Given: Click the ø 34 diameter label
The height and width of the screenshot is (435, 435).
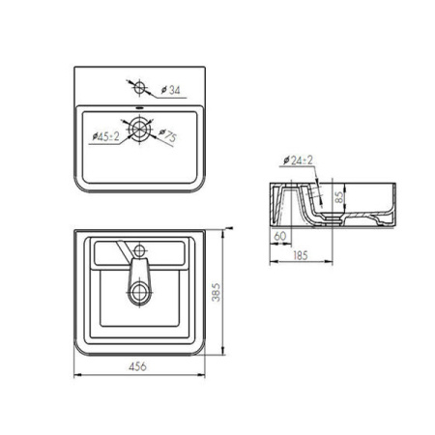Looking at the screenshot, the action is [170, 90].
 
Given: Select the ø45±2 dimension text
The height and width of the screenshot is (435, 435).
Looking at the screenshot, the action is [105, 136].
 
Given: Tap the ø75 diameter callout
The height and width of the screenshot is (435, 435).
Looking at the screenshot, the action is [168, 135].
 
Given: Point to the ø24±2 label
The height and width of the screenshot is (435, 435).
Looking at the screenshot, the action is [298, 160].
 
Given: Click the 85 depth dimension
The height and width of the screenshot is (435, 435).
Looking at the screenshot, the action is [339, 197].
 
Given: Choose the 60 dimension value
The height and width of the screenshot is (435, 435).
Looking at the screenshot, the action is [279, 236].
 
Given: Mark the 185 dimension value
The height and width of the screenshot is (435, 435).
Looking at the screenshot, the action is [301, 255].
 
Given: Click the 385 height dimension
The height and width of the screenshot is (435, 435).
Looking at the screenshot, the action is [216, 292].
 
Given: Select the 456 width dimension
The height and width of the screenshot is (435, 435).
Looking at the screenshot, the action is [137, 366].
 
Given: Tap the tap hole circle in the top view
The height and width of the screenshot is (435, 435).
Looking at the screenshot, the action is [139, 87].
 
